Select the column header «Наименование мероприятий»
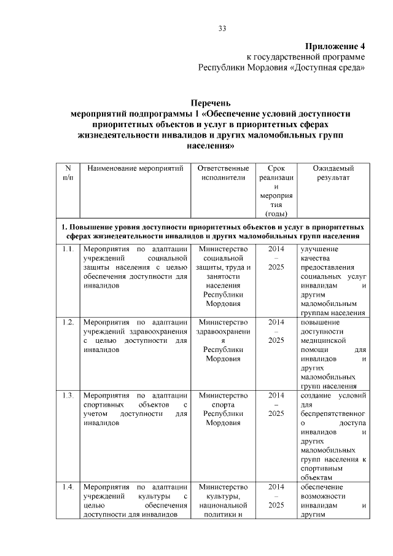pos(133,168)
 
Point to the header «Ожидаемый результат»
pos(333,173)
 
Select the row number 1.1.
pos(68,249)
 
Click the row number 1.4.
pos(68,487)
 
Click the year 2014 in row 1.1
pos(276,249)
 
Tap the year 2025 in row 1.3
pos(276,413)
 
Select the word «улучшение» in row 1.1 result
pos(319,249)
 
